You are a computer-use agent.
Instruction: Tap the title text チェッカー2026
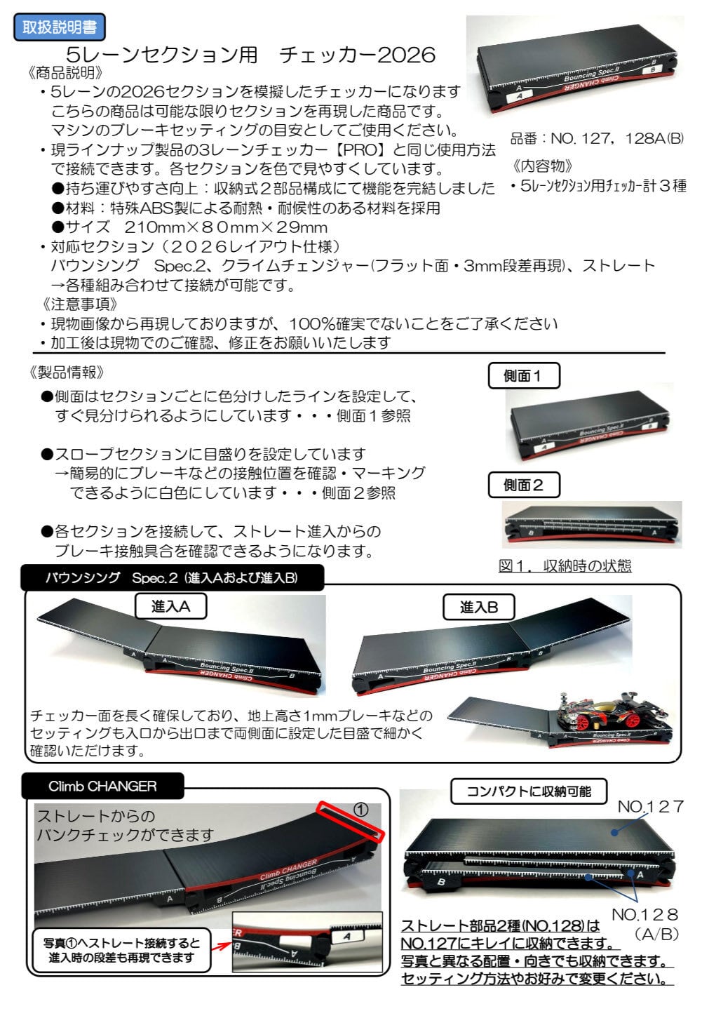357,55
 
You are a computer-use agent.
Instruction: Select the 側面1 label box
524,376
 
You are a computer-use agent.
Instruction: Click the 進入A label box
171,607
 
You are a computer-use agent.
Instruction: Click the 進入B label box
479,608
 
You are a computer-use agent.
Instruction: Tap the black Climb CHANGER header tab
102,786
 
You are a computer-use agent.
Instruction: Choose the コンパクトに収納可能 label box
529,791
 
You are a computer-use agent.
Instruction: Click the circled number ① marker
360,809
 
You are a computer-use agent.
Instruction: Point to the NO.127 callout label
650,807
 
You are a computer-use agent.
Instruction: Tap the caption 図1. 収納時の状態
565,565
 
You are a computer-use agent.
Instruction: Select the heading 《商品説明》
69,72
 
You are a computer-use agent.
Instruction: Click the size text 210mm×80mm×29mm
226,227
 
